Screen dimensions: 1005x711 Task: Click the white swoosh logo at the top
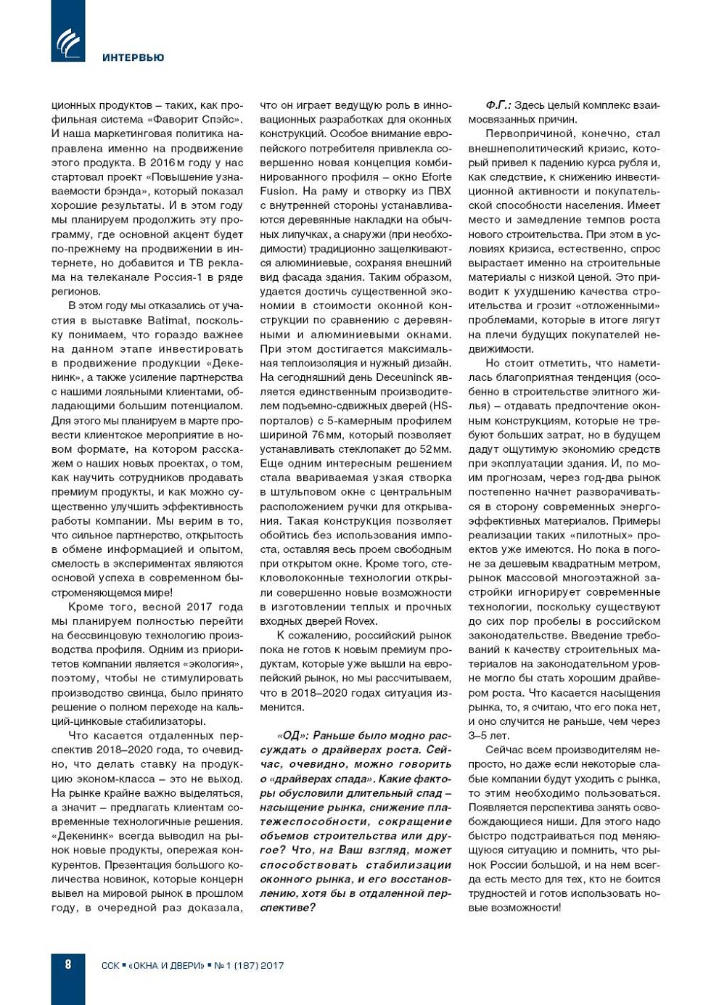(x=68, y=43)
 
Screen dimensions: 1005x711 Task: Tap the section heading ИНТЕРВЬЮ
(x=133, y=57)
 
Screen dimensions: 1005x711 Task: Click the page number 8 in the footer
(x=68, y=964)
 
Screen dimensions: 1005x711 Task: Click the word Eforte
(x=437, y=177)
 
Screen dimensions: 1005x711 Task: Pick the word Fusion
(x=278, y=192)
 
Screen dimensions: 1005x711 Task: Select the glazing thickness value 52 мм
(x=434, y=449)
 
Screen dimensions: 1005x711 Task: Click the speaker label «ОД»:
(x=292, y=736)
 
